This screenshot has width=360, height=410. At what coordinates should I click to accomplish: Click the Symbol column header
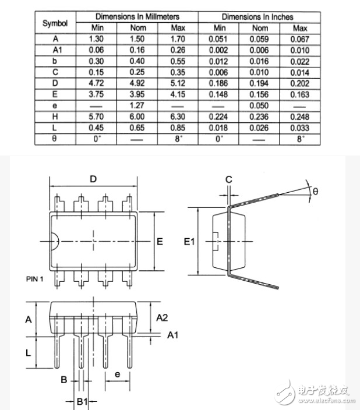click(55, 23)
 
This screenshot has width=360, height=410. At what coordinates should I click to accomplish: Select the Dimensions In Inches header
click(257, 17)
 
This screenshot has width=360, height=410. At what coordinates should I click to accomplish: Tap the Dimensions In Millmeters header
click(137, 17)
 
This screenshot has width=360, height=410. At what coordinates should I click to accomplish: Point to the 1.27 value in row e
click(137, 106)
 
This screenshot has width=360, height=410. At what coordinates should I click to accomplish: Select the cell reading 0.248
click(300, 116)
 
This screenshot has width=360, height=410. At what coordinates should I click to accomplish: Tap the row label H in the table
click(55, 116)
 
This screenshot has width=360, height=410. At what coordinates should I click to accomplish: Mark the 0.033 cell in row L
click(300, 128)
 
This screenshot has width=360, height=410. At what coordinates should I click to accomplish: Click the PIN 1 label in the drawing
click(35, 279)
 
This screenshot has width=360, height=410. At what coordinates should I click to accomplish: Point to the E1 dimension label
click(189, 242)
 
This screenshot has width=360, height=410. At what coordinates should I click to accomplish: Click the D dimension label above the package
click(93, 179)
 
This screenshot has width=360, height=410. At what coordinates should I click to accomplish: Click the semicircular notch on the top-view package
click(53, 241)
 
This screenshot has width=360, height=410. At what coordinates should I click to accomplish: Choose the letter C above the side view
click(229, 179)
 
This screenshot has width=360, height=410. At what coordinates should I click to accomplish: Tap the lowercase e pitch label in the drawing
click(117, 374)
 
